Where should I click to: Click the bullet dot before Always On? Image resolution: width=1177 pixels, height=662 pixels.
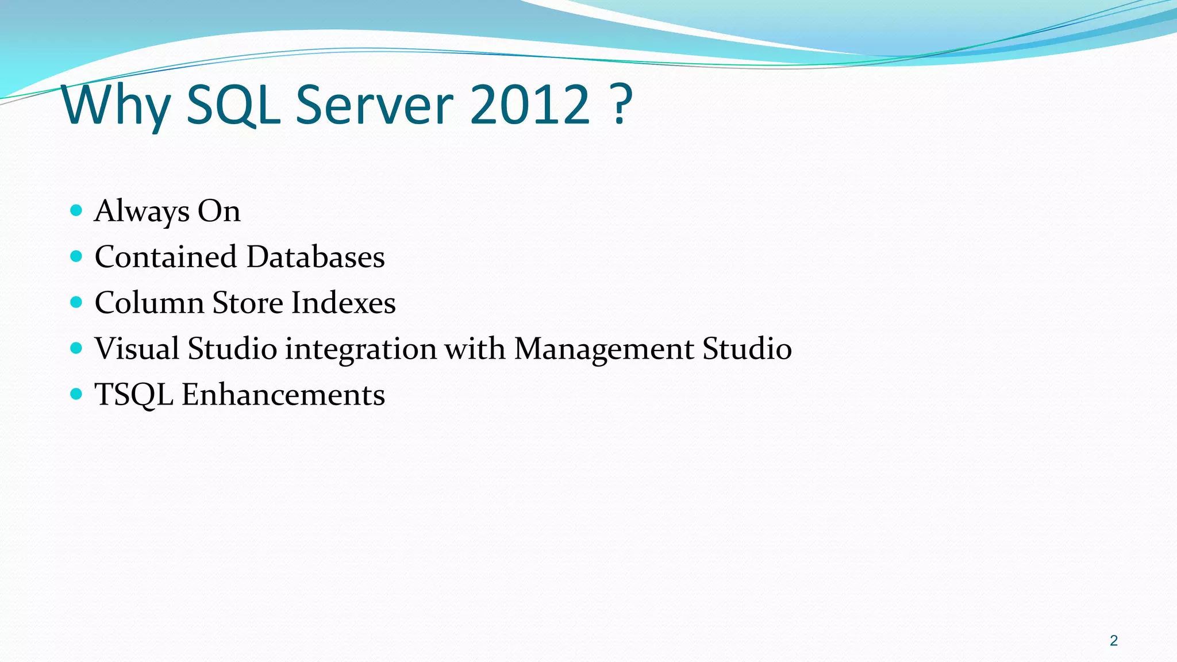tap(76, 210)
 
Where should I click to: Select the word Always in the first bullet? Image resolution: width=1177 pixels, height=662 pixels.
tap(141, 211)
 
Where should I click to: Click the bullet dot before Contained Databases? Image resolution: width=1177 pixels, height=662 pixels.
tap(76, 256)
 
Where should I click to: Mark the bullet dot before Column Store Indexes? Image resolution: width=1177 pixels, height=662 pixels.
tap(76, 302)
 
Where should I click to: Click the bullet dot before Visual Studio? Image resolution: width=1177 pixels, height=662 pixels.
tap(76, 348)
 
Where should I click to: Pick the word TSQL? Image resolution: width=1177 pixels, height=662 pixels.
tap(134, 395)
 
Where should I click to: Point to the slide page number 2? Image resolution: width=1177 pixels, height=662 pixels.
tap(1113, 640)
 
